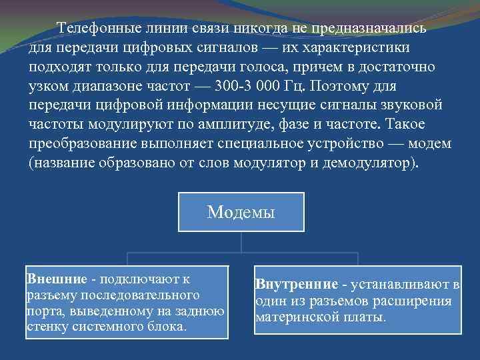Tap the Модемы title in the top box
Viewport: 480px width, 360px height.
click(241, 212)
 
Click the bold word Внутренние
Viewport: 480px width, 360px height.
click(297, 285)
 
